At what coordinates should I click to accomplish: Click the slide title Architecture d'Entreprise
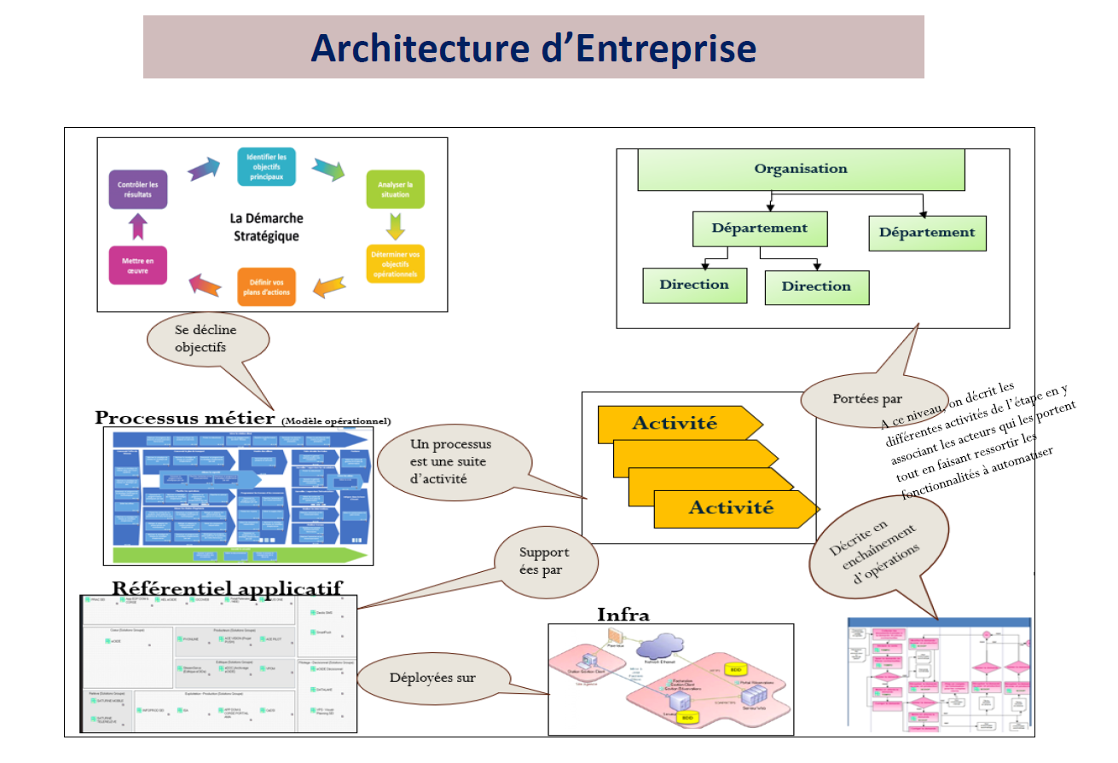click(533, 48)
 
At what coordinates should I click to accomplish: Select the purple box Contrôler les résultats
click(138, 189)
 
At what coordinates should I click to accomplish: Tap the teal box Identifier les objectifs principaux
click(266, 166)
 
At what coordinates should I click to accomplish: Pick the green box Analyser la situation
click(395, 189)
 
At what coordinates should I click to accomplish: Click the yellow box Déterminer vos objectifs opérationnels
click(395, 263)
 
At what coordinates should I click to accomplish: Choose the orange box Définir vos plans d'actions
click(266, 286)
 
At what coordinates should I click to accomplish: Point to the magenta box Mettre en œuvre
click(138, 264)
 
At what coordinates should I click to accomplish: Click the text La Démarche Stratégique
click(266, 227)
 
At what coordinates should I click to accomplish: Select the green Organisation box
click(801, 169)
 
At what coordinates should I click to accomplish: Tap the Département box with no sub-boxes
click(927, 233)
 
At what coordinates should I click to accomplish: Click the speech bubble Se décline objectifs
click(206, 338)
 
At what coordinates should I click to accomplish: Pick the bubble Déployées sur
click(432, 679)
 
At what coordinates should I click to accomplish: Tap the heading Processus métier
click(186, 418)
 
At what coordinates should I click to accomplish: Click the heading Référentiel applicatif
click(227, 587)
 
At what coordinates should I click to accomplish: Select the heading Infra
click(623, 615)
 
